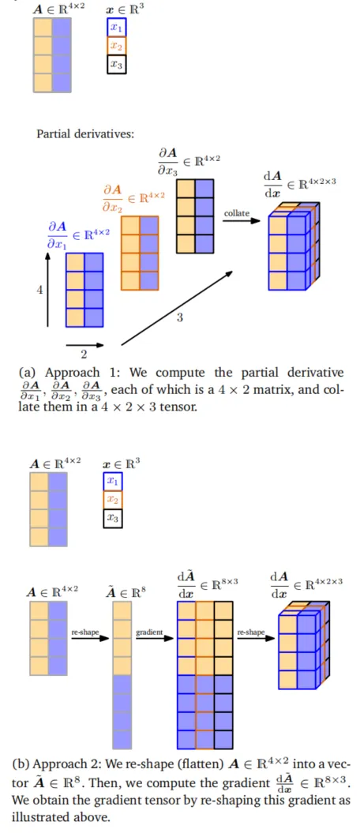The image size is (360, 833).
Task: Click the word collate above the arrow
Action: pyautogui.click(x=237, y=213)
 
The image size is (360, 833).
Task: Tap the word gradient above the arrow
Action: pyautogui.click(x=149, y=632)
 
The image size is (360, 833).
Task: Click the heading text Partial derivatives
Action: pyautogui.click(x=85, y=133)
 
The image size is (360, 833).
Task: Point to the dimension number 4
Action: pyautogui.click(x=39, y=291)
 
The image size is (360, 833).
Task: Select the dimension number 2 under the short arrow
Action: pyautogui.click(x=84, y=355)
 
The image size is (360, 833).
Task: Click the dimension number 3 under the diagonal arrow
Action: pyautogui.click(x=179, y=317)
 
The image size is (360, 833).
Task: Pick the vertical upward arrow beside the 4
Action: pyautogui.click(x=47, y=289)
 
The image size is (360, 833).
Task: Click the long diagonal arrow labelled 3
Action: pyautogui.click(x=178, y=308)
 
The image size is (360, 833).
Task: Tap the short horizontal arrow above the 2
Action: pyautogui.click(x=85, y=344)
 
